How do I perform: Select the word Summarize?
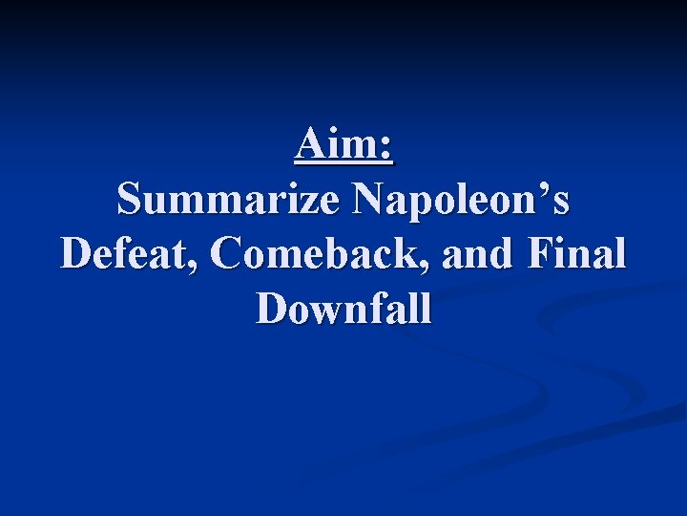227,200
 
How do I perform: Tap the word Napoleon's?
461,200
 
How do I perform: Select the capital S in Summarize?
129,200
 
